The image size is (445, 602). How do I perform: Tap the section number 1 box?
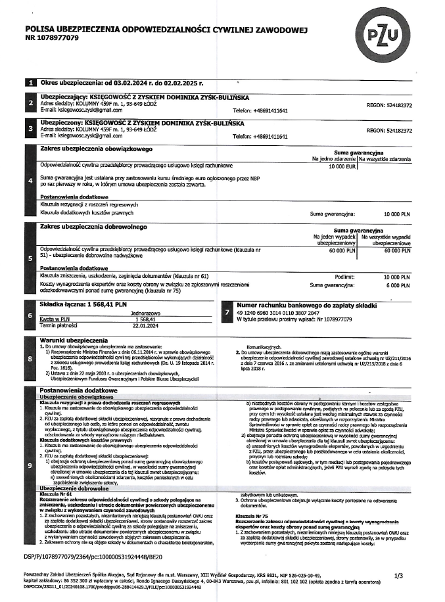29,83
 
